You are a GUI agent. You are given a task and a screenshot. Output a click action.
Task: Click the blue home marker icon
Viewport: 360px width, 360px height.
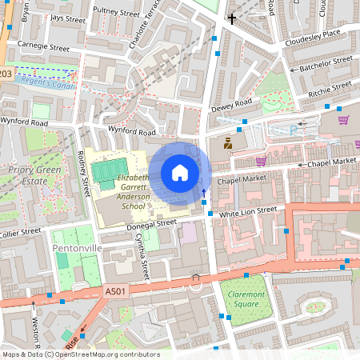point(180,172)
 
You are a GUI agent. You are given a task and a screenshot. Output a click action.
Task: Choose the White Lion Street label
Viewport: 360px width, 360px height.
point(248,211)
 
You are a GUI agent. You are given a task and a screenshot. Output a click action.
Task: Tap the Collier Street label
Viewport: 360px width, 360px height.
point(19,232)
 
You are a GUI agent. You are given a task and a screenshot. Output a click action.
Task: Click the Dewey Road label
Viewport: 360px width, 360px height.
point(231,106)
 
